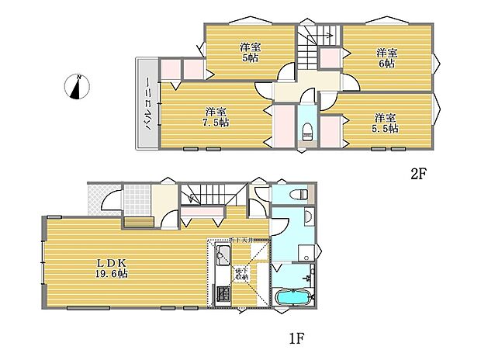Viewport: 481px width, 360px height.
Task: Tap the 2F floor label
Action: tap(418, 175)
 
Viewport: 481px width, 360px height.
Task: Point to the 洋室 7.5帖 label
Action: tap(212, 116)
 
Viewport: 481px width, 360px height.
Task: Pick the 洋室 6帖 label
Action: tap(386, 57)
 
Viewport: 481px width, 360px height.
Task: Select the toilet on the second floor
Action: tap(305, 130)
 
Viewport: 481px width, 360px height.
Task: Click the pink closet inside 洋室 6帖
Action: tap(330, 58)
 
